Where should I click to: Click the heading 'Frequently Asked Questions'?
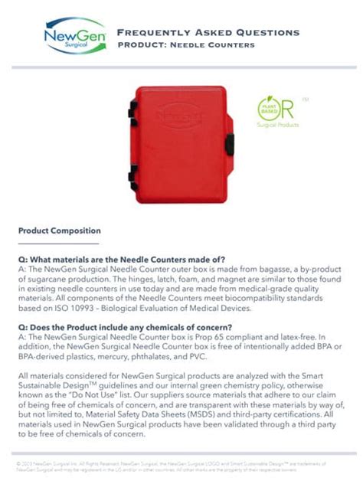point(208,32)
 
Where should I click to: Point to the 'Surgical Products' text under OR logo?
point(277,125)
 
